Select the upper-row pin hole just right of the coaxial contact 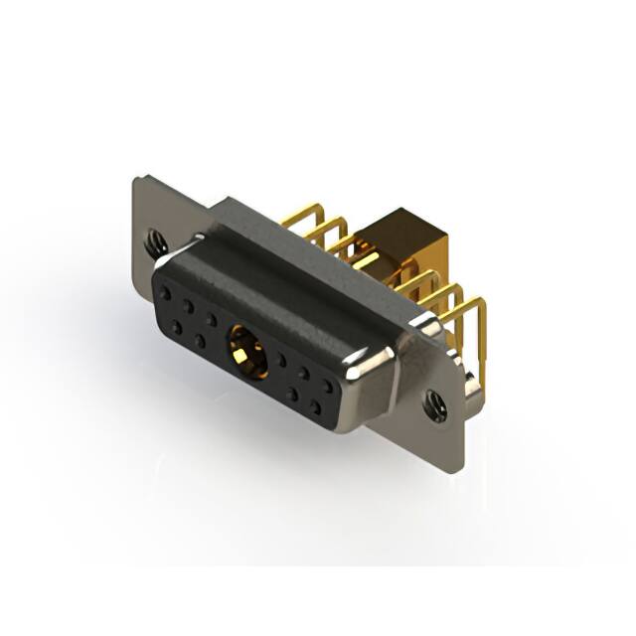point(283,357)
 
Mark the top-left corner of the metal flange point(136,180)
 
